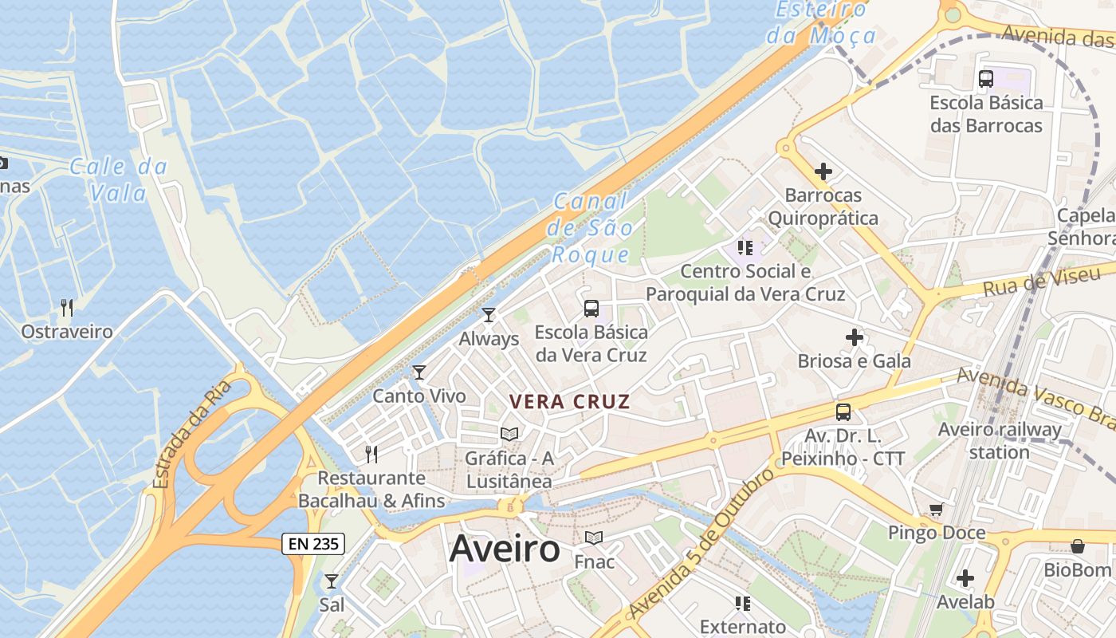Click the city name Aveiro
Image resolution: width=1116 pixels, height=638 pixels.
tap(505, 549)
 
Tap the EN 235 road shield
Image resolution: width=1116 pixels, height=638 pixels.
tap(313, 544)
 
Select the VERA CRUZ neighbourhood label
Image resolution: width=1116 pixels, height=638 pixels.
tap(570, 402)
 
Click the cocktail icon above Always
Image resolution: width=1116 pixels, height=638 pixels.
tap(489, 315)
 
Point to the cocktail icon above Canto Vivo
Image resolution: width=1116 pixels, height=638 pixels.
tap(419, 372)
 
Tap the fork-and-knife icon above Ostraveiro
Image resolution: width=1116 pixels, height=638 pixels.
tap(67, 307)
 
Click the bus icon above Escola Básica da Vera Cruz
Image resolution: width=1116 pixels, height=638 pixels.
tap(591, 308)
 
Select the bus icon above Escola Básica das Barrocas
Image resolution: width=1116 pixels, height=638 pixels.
tap(986, 78)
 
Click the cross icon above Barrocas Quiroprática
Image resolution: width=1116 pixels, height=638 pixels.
tap(823, 171)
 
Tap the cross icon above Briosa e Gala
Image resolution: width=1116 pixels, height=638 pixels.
tap(855, 337)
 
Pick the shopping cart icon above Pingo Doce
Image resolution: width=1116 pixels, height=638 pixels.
tap(936, 509)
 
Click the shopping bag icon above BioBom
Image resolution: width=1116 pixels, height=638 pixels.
tap(1078, 546)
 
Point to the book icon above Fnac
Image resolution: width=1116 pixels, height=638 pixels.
tap(594, 538)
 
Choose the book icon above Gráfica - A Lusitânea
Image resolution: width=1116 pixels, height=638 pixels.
tap(509, 434)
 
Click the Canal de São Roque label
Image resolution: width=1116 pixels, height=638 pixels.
tap(591, 228)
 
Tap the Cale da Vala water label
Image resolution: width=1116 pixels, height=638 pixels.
tap(118, 179)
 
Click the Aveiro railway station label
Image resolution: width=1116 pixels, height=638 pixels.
tap(1000, 441)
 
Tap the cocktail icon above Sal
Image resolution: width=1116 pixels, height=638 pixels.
tap(332, 581)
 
